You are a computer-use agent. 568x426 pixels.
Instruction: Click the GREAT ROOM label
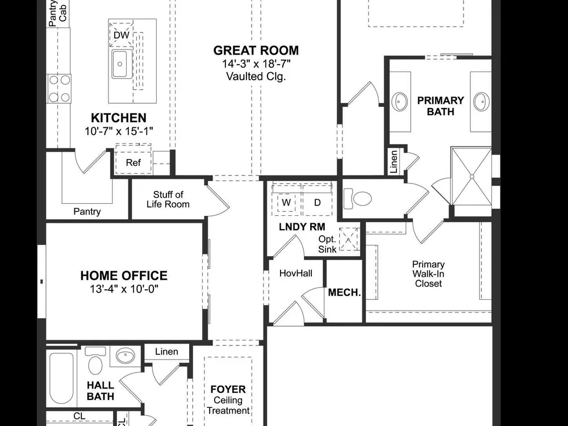256,51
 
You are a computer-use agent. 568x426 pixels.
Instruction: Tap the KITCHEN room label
119,118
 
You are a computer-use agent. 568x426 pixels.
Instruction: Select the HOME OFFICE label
124,275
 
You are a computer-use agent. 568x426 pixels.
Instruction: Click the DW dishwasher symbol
122,35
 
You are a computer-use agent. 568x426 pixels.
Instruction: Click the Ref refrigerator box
133,162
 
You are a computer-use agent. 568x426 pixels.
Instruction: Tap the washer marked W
286,203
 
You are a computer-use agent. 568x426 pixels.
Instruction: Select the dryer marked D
318,203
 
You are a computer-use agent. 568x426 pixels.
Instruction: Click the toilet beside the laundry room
357,198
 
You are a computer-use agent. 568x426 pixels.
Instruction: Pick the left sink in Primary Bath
400,102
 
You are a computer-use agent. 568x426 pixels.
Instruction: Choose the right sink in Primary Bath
481,102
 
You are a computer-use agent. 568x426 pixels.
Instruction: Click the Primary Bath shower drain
472,177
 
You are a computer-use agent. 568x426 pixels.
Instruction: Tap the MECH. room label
345,293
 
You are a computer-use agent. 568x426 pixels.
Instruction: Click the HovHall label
296,273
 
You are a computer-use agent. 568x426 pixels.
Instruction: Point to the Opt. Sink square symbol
349,239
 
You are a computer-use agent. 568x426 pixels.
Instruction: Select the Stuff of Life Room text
168,199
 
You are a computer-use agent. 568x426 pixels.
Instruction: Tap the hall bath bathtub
61,378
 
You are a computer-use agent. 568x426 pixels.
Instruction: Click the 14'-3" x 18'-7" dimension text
256,64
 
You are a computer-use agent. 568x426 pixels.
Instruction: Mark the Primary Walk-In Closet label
428,274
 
